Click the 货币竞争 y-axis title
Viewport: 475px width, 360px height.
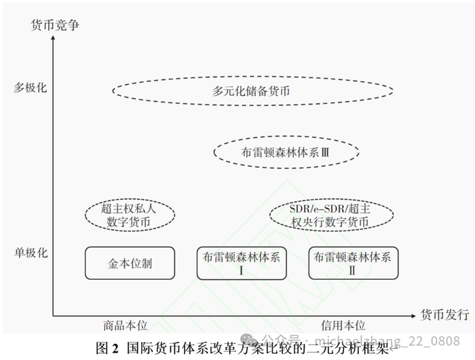(x=55, y=26)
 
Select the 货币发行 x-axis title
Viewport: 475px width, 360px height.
(x=444, y=315)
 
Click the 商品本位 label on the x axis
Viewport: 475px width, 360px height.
(x=126, y=327)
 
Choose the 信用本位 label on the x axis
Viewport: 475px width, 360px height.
(x=343, y=327)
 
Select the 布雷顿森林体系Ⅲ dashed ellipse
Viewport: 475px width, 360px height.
(x=286, y=154)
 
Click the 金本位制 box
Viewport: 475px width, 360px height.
(x=130, y=263)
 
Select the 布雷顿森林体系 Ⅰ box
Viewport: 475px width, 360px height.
(x=242, y=263)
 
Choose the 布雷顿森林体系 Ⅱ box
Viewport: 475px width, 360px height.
(x=353, y=263)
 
